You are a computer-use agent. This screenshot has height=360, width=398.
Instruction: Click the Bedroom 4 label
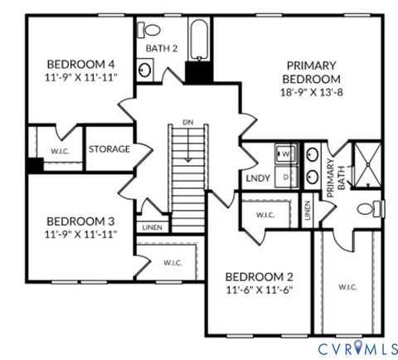80,64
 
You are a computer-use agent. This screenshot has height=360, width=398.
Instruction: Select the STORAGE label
109,149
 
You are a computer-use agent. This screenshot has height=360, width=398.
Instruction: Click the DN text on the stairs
187,124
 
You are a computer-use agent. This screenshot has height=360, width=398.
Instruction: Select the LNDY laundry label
255,177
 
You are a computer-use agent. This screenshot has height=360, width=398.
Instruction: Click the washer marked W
286,153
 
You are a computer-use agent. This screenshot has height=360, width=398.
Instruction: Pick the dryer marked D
286,177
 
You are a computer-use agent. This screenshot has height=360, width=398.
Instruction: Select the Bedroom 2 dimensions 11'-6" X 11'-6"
259,290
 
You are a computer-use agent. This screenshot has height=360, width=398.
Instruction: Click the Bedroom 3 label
80,221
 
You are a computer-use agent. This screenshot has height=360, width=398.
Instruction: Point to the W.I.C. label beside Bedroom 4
59,151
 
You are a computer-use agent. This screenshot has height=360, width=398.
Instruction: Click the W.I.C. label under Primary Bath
347,287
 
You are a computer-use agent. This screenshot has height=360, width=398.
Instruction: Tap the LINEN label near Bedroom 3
152,226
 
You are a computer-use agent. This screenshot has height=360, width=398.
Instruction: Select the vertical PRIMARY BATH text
335,177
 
